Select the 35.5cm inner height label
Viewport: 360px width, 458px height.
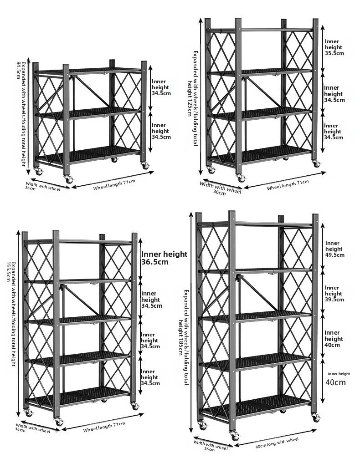point(334,53)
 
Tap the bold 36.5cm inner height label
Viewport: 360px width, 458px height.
point(155,262)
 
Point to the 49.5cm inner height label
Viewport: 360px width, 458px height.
point(335,255)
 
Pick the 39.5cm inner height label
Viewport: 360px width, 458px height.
point(335,300)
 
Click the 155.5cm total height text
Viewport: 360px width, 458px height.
point(10,271)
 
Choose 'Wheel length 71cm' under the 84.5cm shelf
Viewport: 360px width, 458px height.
point(114,185)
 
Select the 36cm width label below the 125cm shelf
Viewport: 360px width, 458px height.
point(219,193)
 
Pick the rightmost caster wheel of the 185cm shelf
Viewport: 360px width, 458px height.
point(315,417)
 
